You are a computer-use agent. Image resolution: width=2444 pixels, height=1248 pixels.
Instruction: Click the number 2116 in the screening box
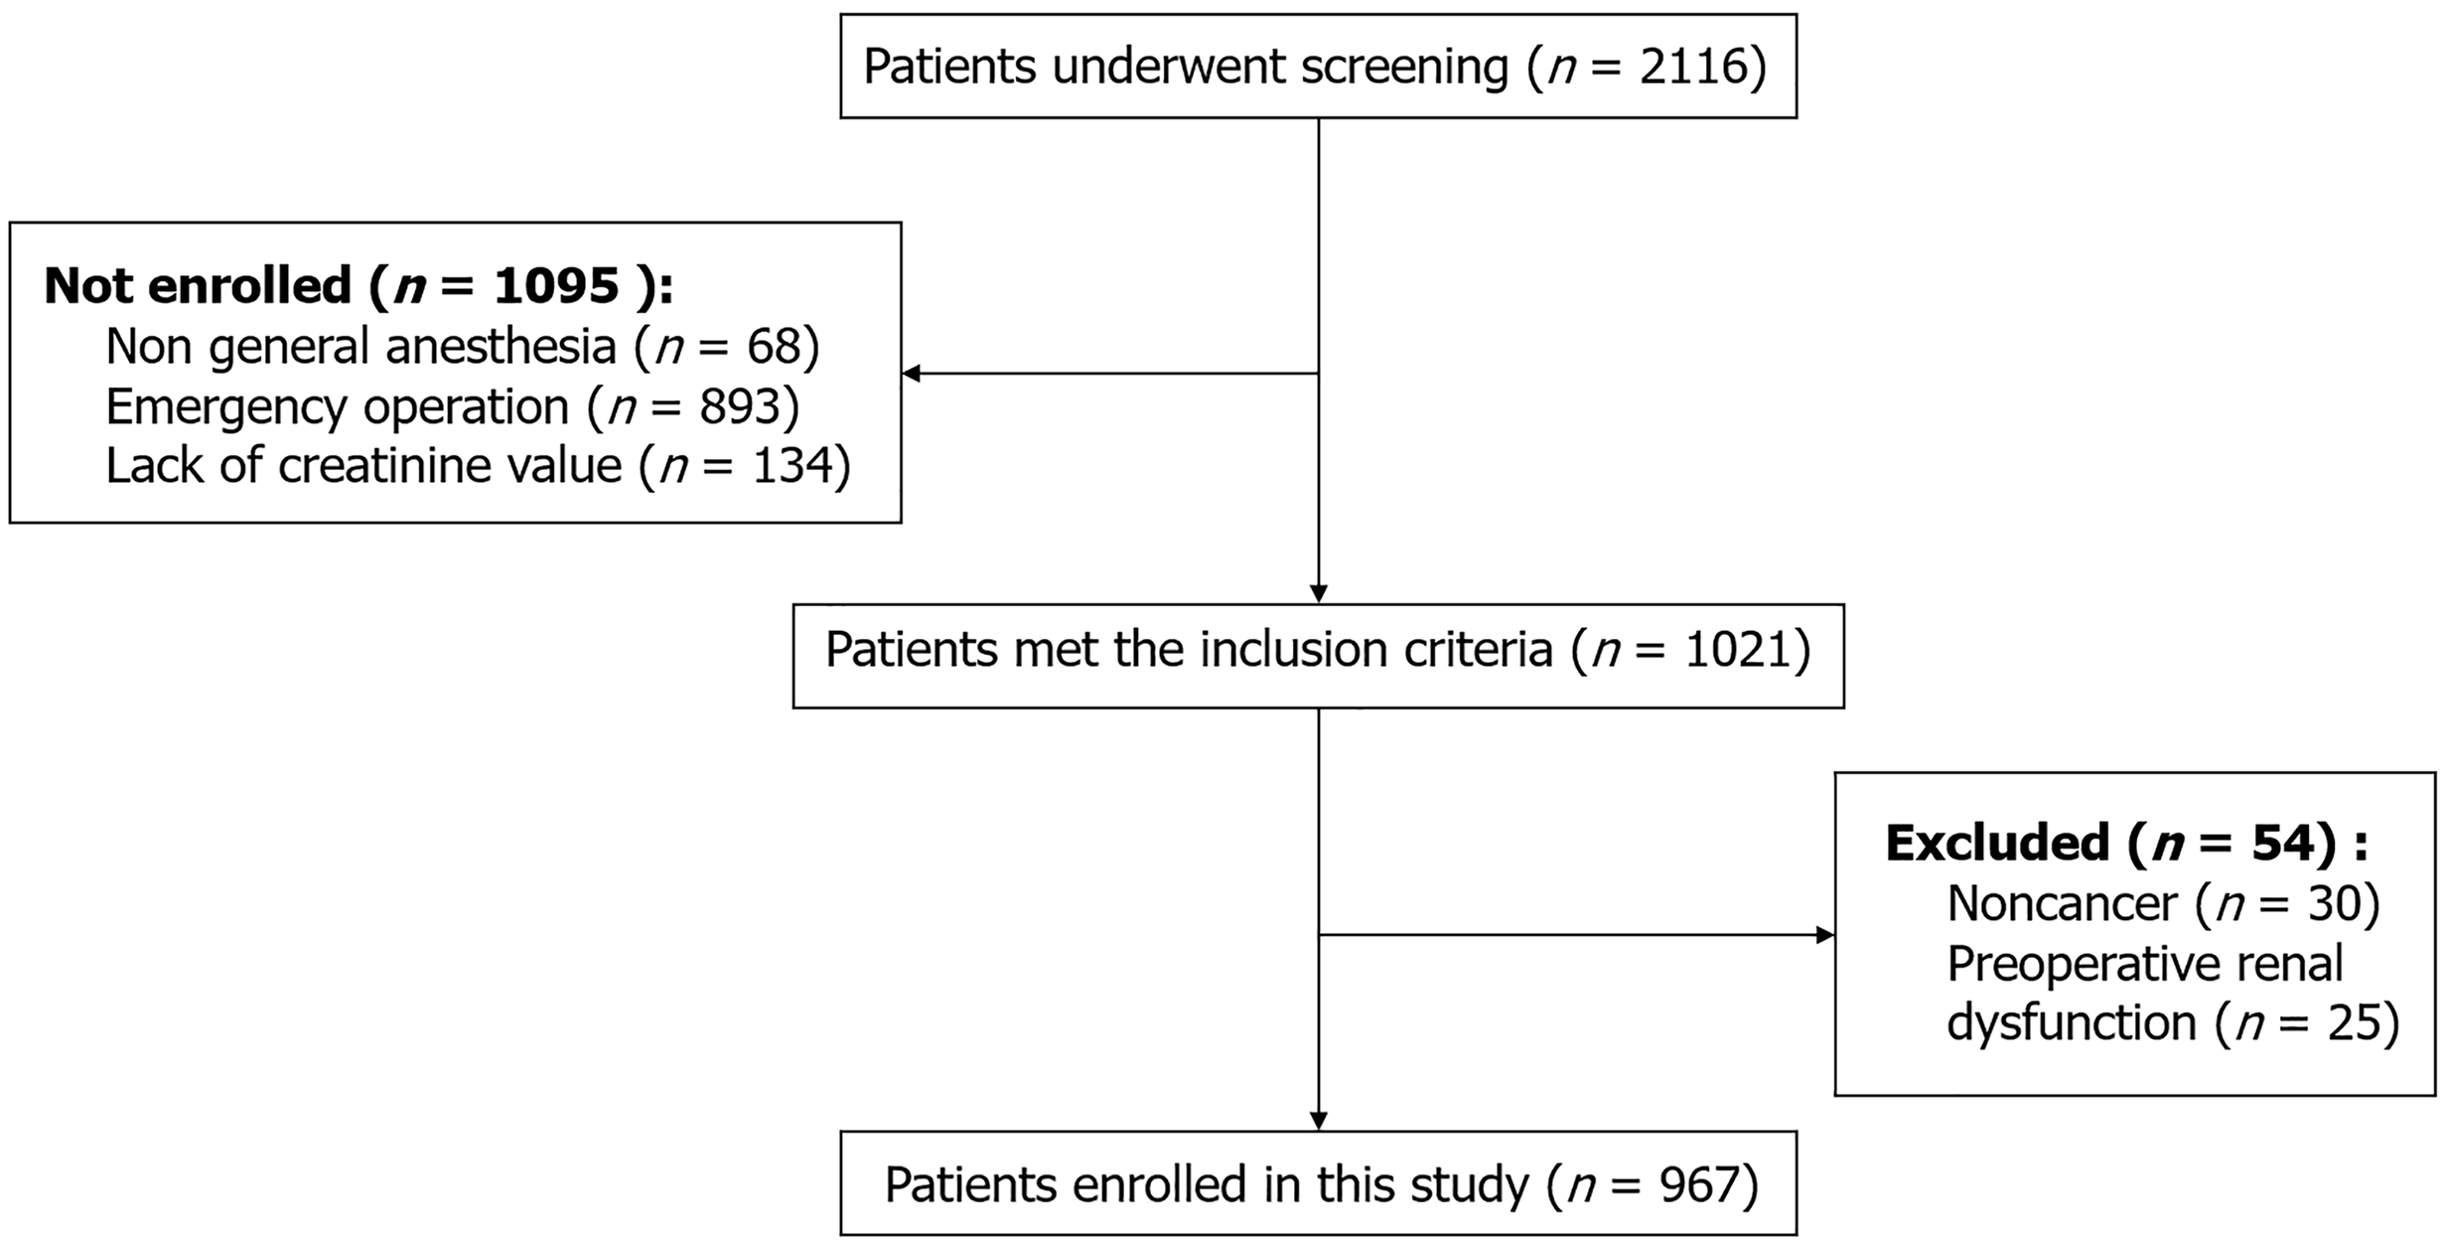click(1695, 67)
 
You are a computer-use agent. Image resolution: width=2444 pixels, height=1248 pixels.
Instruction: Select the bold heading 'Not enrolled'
click(198, 286)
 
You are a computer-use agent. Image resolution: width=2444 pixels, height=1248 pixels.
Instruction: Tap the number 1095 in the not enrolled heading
click(557, 286)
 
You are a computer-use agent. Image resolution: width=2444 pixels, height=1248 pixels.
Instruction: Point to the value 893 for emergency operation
click(739, 406)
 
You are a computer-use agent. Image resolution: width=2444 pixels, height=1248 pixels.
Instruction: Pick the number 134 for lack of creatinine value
click(791, 466)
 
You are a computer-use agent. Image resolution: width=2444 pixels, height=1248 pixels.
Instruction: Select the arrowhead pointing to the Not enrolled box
click(911, 374)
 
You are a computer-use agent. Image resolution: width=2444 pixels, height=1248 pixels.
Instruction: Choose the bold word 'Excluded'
click(1997, 844)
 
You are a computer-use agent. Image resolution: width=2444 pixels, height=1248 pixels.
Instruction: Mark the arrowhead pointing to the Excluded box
click(1825, 935)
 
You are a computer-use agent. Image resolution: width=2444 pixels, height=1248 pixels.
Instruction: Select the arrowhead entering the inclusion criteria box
click(1319, 594)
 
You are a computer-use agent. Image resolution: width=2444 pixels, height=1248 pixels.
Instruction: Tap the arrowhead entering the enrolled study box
click(1319, 1121)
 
